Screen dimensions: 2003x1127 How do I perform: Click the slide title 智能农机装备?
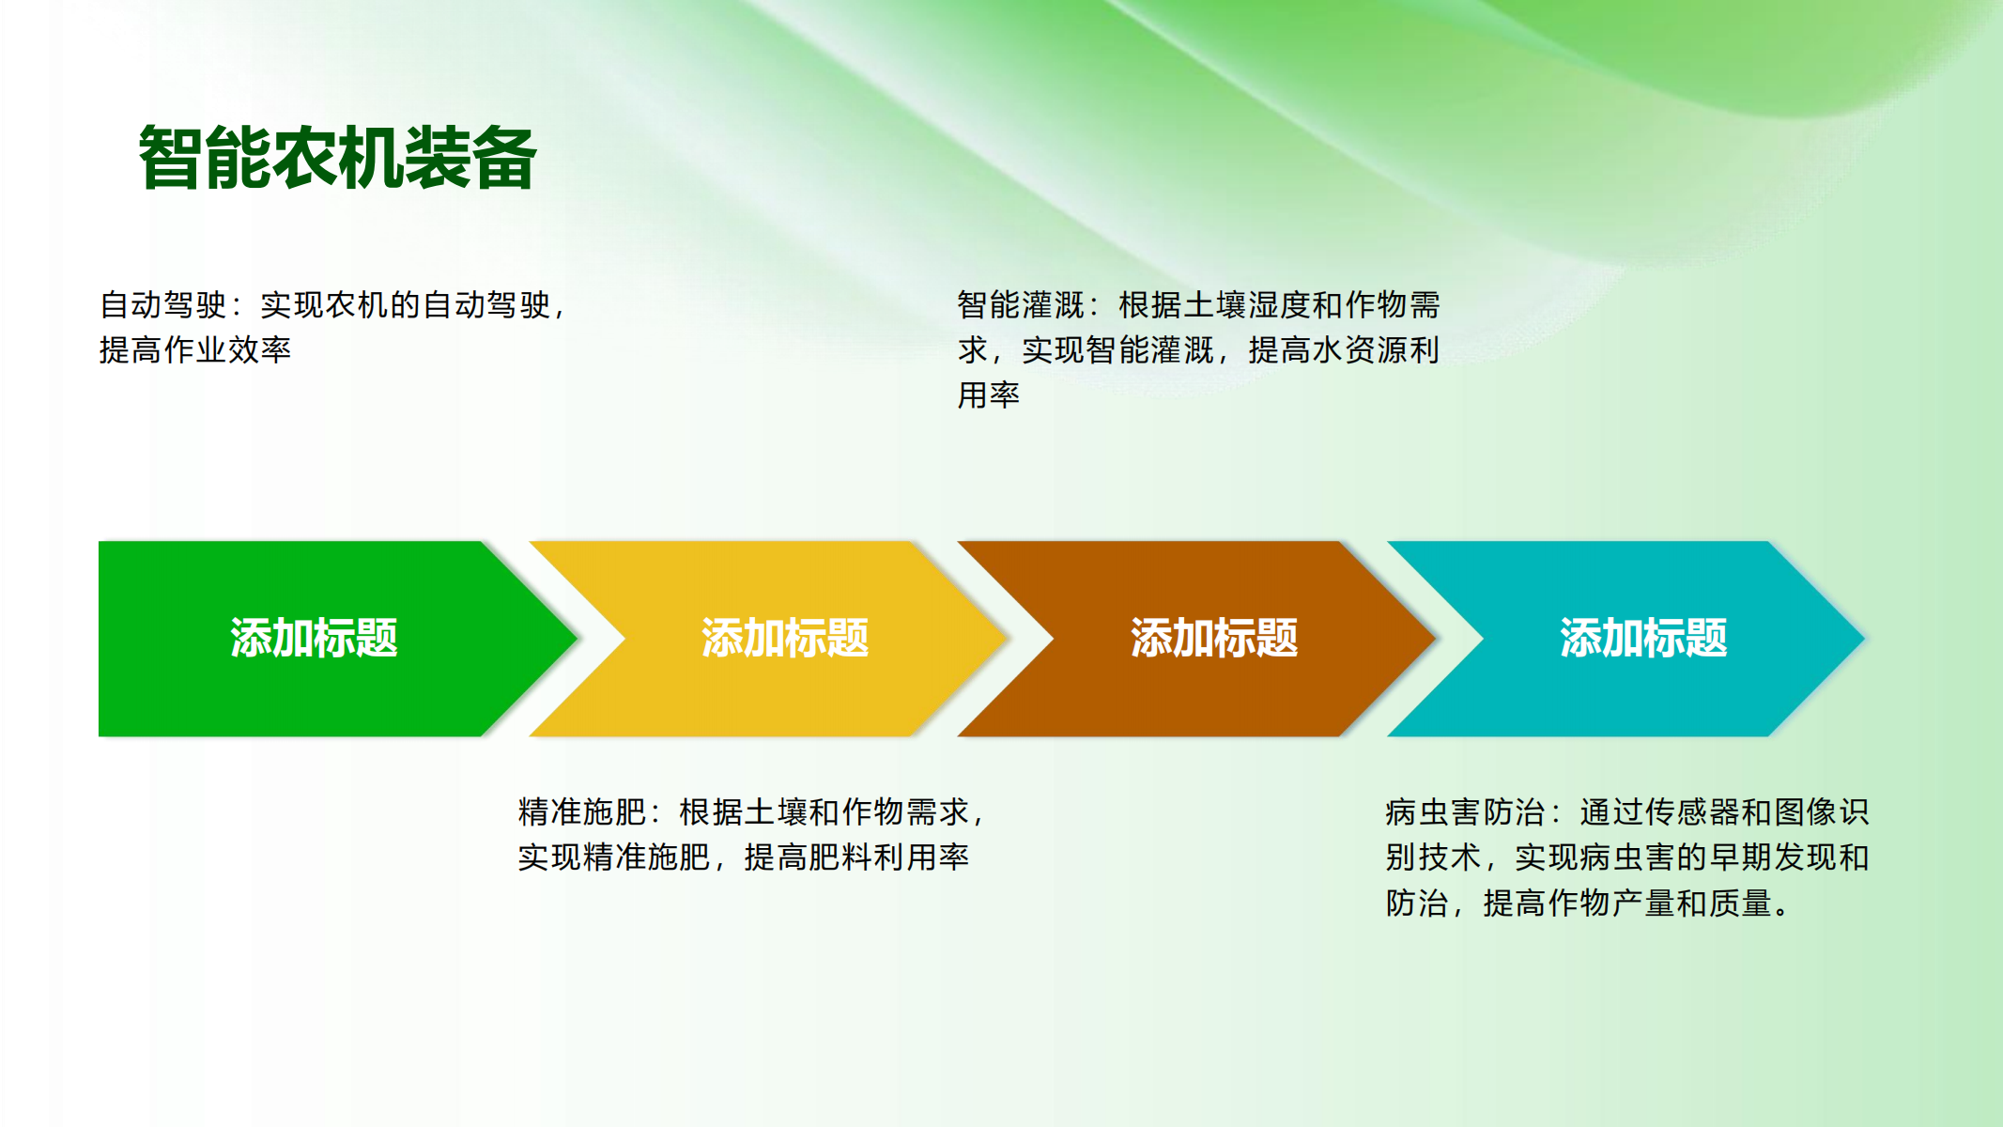[x=337, y=158]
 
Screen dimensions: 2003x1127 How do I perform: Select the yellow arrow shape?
[x=768, y=639]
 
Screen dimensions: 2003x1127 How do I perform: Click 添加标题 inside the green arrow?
[x=314, y=639]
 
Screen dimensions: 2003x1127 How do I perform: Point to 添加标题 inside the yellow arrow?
[x=785, y=639]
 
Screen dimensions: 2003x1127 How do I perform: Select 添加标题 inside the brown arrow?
[x=1214, y=639]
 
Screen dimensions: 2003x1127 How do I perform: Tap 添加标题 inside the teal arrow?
[x=1643, y=639]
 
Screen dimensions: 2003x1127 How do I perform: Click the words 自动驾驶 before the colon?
[x=163, y=304]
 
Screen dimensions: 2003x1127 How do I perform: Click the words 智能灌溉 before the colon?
[x=1022, y=304]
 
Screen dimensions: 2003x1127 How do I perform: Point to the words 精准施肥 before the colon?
[x=582, y=811]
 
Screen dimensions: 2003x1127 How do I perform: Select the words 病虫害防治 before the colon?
[x=1466, y=811]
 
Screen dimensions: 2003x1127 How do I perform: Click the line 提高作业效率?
[x=195, y=349]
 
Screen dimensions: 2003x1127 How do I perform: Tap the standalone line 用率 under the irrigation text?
[x=989, y=394]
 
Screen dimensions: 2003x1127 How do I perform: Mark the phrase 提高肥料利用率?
[x=856, y=857]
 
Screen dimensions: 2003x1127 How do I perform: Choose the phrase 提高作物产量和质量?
[x=1627, y=903]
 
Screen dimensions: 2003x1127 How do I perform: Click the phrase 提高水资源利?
[x=1344, y=349]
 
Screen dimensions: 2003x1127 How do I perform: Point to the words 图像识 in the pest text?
[x=1822, y=811]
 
